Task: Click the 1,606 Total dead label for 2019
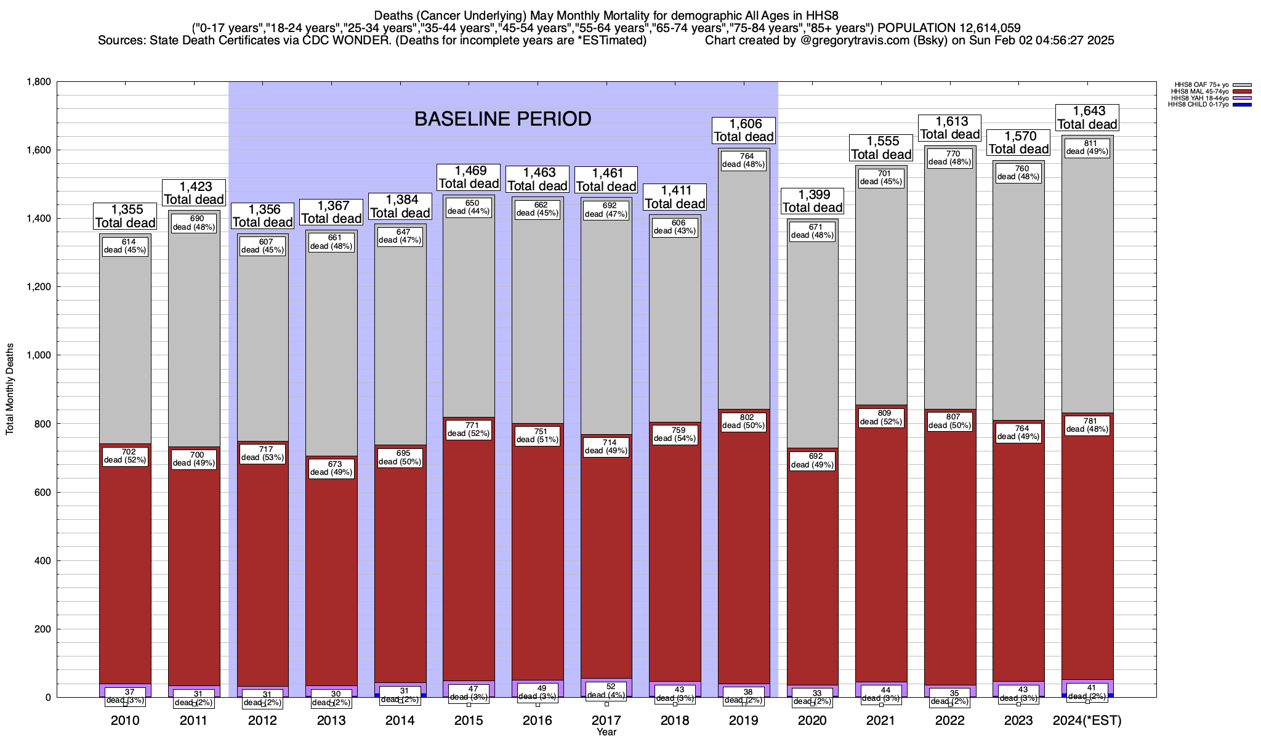[744, 131]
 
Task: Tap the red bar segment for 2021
[881, 554]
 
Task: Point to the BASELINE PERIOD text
[502, 119]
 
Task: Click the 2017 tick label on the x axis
[606, 721]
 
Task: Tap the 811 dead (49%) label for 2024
[1087, 147]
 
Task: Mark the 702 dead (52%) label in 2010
[125, 456]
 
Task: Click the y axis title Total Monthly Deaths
[10, 389]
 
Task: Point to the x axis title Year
[606, 732]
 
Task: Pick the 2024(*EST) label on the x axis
[1087, 721]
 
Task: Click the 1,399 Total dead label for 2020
[812, 201]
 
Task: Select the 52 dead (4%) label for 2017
[606, 691]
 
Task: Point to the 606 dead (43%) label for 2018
[675, 227]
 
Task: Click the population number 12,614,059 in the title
[981, 28]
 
